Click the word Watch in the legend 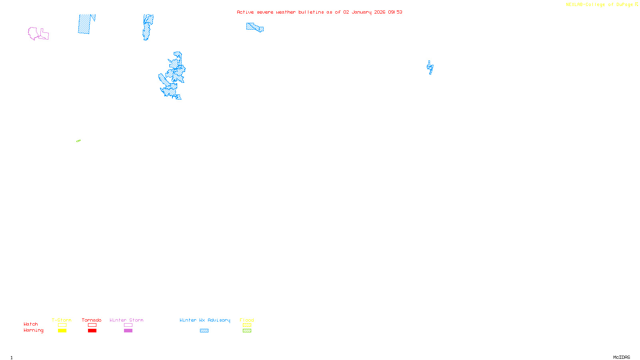[x=31, y=324]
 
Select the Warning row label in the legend [x=33, y=330]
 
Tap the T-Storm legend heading [x=62, y=320]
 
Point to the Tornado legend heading [x=92, y=320]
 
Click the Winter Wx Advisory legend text [x=205, y=320]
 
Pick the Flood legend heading [x=247, y=320]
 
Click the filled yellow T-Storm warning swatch [x=62, y=331]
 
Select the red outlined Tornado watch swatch [x=92, y=325]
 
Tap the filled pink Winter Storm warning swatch [x=128, y=331]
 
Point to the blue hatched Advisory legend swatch [x=204, y=331]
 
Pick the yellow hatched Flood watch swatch [x=247, y=325]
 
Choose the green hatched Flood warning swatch [x=247, y=331]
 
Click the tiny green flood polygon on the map [x=78, y=141]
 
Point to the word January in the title [x=361, y=12]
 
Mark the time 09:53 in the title [x=395, y=12]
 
